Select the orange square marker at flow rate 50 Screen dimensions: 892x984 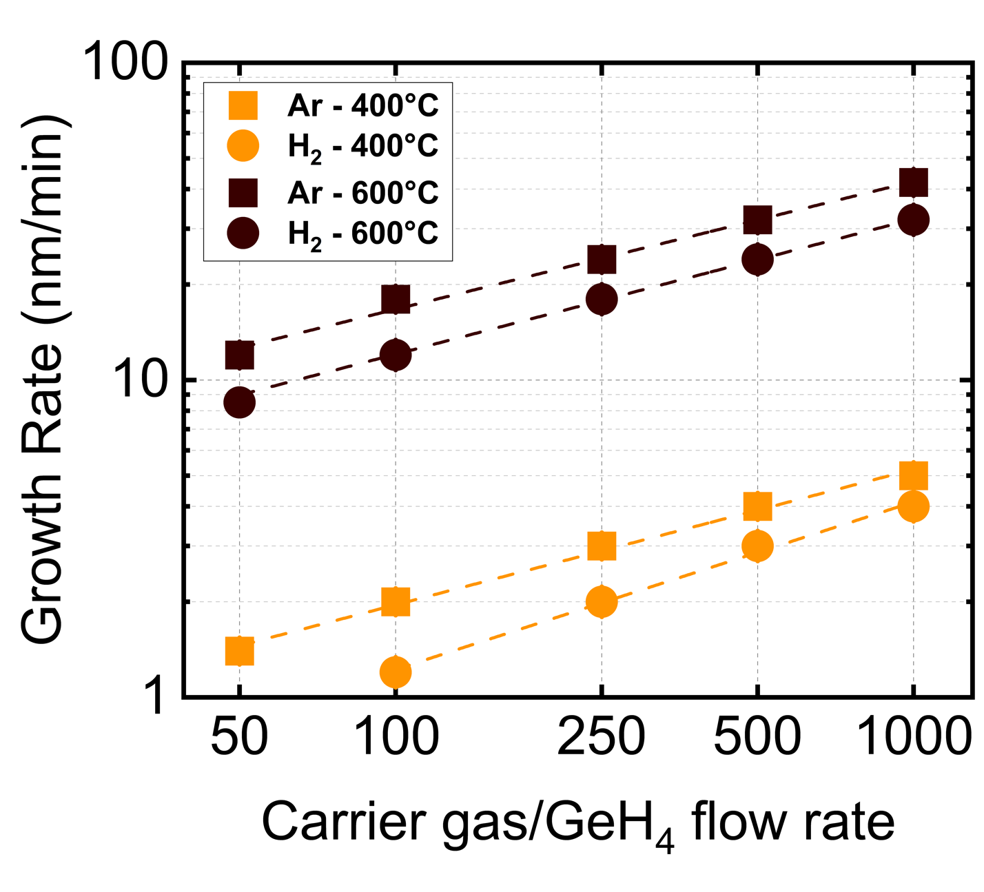pos(240,650)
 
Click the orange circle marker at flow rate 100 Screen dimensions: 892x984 pos(396,672)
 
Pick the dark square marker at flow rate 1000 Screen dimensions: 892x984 pos(913,183)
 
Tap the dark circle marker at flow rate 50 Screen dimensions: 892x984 pos(240,402)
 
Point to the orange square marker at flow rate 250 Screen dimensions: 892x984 pos(602,546)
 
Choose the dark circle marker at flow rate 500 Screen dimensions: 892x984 pos(757,259)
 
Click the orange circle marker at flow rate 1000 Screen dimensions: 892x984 pos(913,506)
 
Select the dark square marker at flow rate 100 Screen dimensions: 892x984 pos(396,299)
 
